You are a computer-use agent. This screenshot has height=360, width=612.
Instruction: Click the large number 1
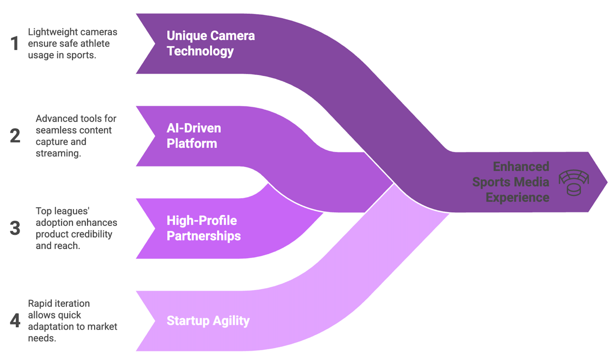[x=15, y=43]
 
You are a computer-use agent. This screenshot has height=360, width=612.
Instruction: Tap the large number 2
[x=15, y=136]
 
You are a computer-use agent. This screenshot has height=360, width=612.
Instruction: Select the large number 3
[x=15, y=228]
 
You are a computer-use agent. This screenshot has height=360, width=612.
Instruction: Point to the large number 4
[x=15, y=321]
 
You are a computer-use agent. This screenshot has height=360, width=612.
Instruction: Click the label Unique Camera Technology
[x=211, y=43]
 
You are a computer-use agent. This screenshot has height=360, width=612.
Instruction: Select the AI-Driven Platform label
[x=194, y=136]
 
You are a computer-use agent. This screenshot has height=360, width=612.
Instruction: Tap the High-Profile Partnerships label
[x=203, y=228]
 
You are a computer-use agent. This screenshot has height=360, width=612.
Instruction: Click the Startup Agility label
[x=208, y=321]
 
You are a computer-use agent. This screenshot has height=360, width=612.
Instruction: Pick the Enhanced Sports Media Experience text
[x=511, y=182]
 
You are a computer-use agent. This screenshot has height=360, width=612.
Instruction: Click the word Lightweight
[x=49, y=32]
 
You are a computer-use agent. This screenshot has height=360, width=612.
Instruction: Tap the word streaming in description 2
[x=59, y=153]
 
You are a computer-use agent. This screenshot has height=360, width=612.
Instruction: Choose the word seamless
[x=53, y=131]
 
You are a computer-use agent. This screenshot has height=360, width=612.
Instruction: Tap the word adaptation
[x=50, y=327]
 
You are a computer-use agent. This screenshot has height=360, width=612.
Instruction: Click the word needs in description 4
[x=42, y=338]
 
